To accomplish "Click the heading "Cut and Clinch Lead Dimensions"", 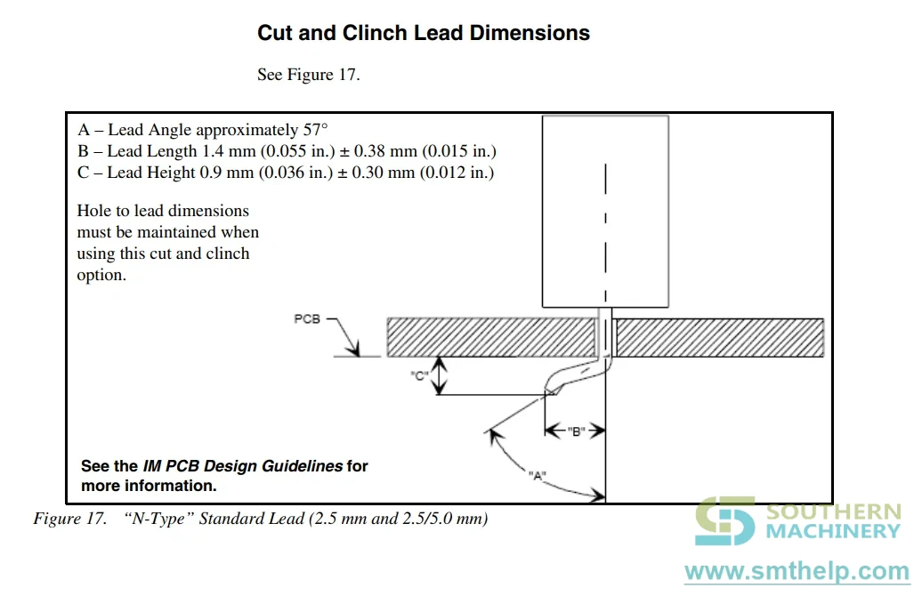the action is (x=424, y=33).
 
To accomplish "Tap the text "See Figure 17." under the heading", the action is (x=308, y=75).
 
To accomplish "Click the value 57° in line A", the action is (x=315, y=129).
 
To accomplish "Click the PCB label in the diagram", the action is (x=307, y=318).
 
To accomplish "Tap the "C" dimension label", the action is (x=418, y=376).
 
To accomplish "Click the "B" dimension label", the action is (x=577, y=432).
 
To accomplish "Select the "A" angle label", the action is (x=537, y=476).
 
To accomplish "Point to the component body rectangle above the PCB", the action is (x=605, y=212).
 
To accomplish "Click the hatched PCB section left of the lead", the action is (x=491, y=337).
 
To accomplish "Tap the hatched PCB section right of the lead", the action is (x=719, y=337).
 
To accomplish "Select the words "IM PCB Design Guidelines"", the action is (x=243, y=466).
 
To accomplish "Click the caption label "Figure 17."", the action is (x=70, y=519).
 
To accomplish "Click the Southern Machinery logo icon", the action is (x=725, y=520).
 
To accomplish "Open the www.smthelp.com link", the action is (x=797, y=572).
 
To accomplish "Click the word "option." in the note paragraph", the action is (x=101, y=275).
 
